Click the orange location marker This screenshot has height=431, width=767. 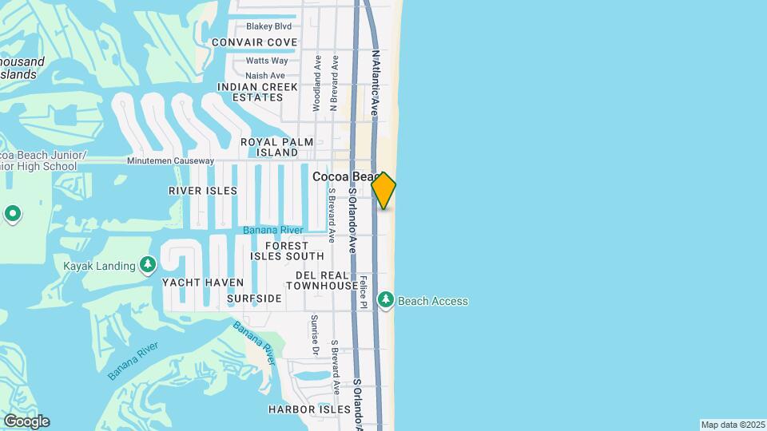(x=383, y=190)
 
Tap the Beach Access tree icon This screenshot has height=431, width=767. (x=386, y=300)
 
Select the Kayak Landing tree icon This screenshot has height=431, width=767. (x=147, y=264)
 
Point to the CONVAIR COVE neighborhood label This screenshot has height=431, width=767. (x=254, y=42)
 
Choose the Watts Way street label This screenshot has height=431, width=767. (x=267, y=61)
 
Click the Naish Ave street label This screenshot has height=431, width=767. (x=265, y=76)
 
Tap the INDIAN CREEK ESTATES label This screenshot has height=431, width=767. (x=257, y=92)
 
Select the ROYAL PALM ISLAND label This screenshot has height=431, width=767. (x=269, y=147)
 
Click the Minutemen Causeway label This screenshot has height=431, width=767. (x=170, y=160)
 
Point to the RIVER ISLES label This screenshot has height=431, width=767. (x=203, y=191)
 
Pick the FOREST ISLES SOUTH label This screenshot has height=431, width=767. (x=287, y=251)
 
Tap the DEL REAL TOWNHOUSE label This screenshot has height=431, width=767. (x=322, y=280)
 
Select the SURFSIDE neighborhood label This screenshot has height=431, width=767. (x=254, y=299)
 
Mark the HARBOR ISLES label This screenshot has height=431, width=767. (x=309, y=409)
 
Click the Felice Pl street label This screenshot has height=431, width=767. (x=363, y=291)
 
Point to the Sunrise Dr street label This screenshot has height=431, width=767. (x=315, y=335)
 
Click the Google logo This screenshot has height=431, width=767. (x=26, y=421)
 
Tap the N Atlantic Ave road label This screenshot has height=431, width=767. (x=375, y=84)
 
